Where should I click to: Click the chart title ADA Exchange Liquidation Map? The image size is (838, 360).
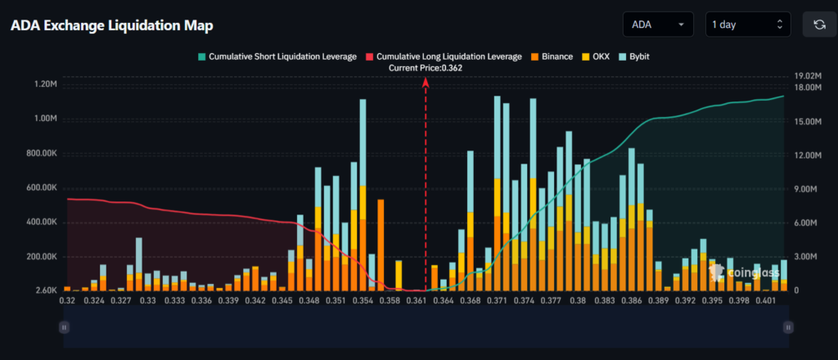click(x=112, y=25)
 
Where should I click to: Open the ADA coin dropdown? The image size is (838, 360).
click(x=657, y=25)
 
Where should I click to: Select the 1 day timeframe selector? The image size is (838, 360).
click(x=748, y=25)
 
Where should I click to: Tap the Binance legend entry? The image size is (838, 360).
click(x=554, y=56)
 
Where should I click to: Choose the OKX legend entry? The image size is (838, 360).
click(x=596, y=56)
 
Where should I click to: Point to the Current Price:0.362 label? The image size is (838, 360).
click(x=426, y=68)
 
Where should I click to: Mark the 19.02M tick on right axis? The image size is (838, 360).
click(x=809, y=76)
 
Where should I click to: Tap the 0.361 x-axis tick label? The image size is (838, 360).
click(x=418, y=301)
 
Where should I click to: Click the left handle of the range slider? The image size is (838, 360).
click(x=64, y=326)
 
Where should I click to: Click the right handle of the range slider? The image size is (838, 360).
click(x=788, y=326)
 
